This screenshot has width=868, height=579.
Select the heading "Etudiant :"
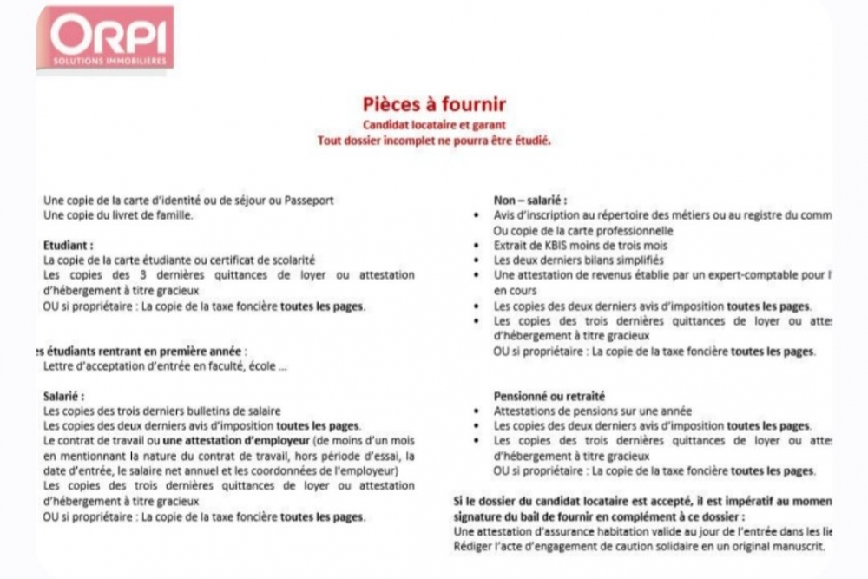pos(68,245)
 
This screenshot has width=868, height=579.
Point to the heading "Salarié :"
pos(63,396)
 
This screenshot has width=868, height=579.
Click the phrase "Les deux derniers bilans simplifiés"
pos(579,260)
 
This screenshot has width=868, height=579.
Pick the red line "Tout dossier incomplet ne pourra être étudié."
pos(434,140)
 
